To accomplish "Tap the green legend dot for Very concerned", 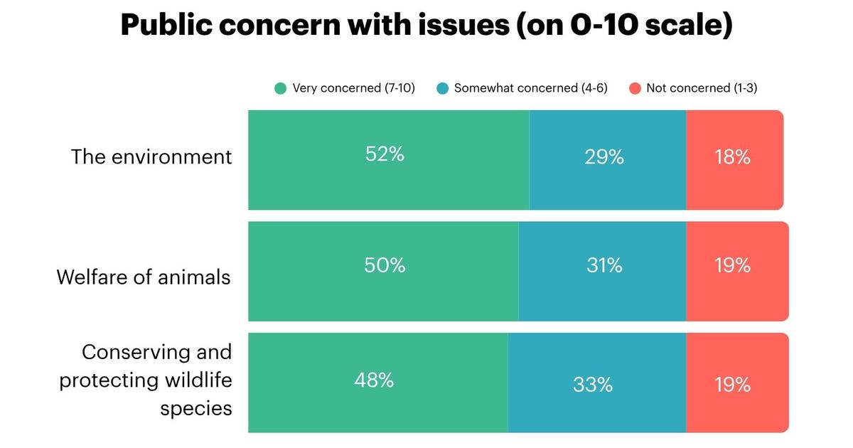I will [x=281, y=89].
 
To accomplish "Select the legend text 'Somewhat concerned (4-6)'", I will [x=530, y=89].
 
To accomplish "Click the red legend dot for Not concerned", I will [x=635, y=89].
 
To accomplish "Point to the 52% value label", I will [x=385, y=154].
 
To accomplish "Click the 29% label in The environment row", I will [x=604, y=157].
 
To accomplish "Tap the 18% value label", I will [x=732, y=157].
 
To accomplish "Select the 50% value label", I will [x=385, y=265].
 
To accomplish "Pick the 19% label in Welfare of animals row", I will [x=732, y=265].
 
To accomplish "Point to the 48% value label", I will [x=374, y=380].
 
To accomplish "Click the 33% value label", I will [x=593, y=385].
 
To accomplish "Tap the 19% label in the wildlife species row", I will [x=732, y=385].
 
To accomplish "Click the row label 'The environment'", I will [x=151, y=157].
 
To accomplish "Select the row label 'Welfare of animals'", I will [x=144, y=277].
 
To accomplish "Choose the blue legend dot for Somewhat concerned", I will [x=443, y=89].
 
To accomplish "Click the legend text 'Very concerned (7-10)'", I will [x=353, y=89].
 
